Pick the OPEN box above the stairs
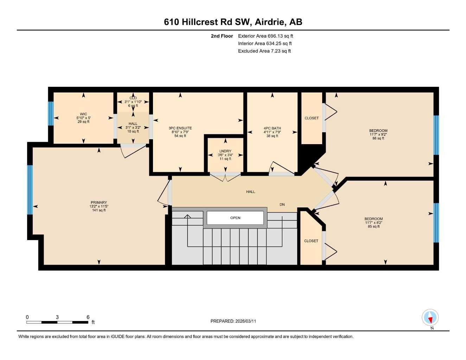coord(235,218)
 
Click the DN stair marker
coord(282,205)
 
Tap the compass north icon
coord(430,318)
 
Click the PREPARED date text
coord(233,321)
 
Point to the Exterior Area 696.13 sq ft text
coord(266,36)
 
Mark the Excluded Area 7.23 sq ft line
coord(264,51)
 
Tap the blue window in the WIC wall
coord(51,114)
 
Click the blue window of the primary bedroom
coord(30,190)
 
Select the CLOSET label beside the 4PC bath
coord(312,118)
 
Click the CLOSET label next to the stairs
coord(311,241)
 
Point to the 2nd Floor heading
coord(222,36)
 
